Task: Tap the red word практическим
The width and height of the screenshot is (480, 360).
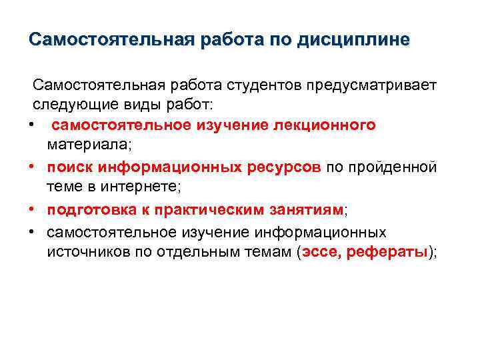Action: [x=213, y=209]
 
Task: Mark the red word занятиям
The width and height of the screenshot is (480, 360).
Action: [x=308, y=209]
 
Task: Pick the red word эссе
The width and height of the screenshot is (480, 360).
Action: [x=320, y=251]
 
